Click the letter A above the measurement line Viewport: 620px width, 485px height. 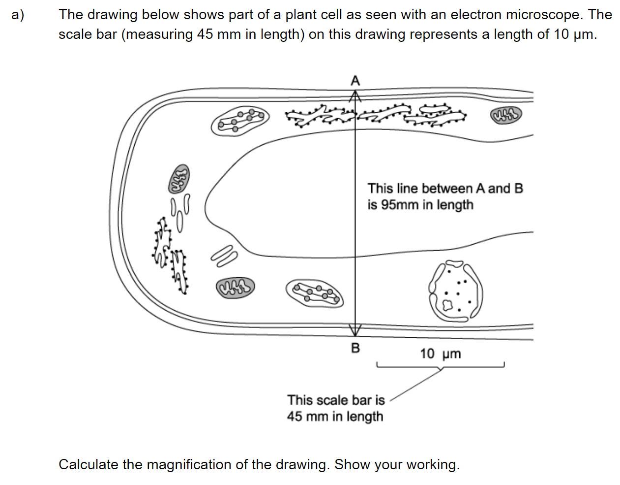tap(355, 80)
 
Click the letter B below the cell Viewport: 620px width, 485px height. tap(355, 348)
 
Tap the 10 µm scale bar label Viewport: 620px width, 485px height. tap(440, 354)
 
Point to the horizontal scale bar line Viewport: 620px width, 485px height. tap(440, 367)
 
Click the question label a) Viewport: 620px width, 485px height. tap(18, 15)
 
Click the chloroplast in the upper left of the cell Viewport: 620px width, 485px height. tap(240, 120)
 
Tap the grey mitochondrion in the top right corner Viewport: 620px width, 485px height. tap(506, 116)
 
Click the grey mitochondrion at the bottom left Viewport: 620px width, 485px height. tap(235, 287)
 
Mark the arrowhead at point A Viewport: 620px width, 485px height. tap(355, 95)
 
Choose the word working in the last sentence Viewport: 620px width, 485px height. tap(432, 464)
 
